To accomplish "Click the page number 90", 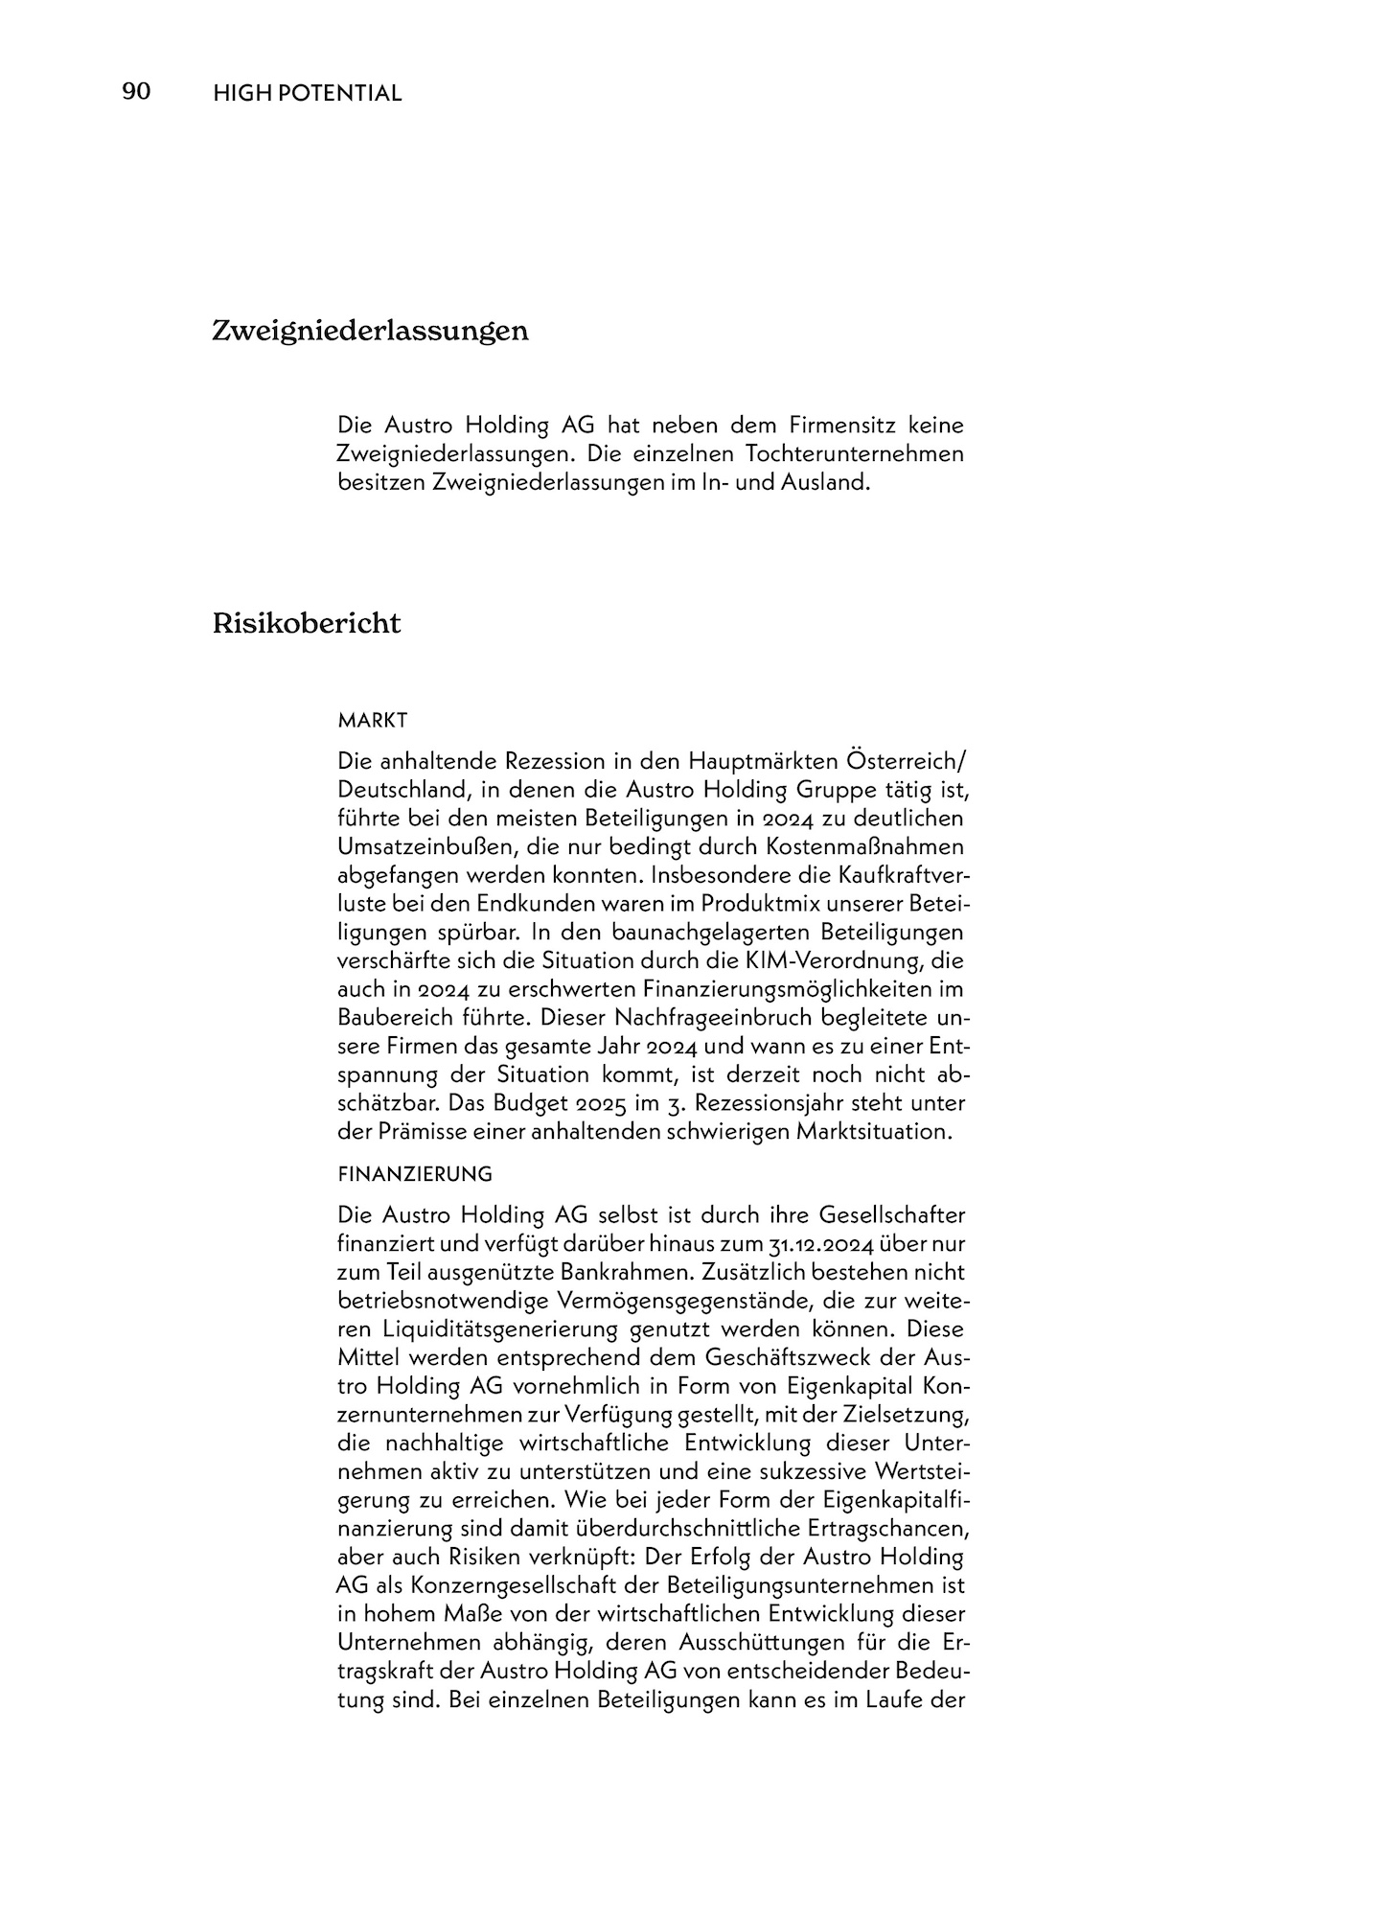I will click(x=136, y=92).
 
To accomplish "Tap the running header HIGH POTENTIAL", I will click(x=307, y=94).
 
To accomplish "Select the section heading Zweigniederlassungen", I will click(x=370, y=332).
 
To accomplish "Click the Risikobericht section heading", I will click(x=307, y=624).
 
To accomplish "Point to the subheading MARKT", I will click(x=373, y=720).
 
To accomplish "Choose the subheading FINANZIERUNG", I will click(x=415, y=1174).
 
